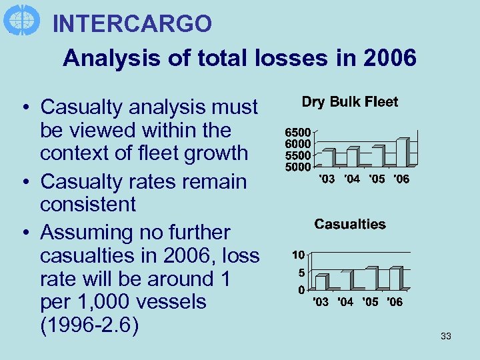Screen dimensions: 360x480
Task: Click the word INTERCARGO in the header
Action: click(132, 24)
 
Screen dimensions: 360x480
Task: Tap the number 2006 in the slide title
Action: click(390, 58)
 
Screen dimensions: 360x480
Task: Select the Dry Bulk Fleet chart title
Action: click(349, 102)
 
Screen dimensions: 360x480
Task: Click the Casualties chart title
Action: click(349, 224)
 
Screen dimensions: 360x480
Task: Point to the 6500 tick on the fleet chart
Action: click(298, 133)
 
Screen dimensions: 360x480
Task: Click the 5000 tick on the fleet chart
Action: click(298, 166)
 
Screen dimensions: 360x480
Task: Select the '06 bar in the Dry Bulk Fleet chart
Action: click(402, 152)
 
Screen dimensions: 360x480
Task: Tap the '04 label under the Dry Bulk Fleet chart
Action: click(352, 179)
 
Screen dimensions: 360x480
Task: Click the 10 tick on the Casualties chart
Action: click(299, 255)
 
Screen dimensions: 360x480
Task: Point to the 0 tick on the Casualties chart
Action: click(301, 290)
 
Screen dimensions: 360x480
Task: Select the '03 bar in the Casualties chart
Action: click(321, 282)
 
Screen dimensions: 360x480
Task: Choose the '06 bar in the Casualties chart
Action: click(395, 278)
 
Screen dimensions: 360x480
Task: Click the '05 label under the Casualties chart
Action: click(370, 302)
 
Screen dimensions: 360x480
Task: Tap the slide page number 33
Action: click(446, 337)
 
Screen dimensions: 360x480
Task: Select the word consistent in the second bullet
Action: click(87, 204)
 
